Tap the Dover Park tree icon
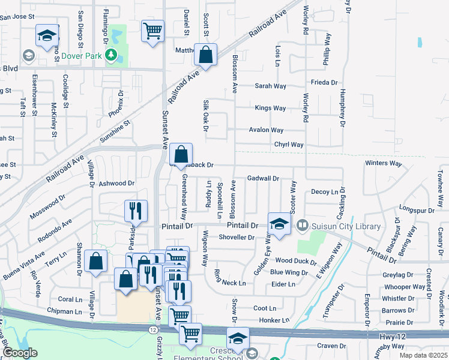coord(110,56)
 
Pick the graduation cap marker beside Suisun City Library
coord(279,223)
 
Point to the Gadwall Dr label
coord(264,178)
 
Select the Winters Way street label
coord(383,163)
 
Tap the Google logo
coord(19,352)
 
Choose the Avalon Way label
coord(267,130)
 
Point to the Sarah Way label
coord(270,86)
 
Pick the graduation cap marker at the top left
coord(46,35)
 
